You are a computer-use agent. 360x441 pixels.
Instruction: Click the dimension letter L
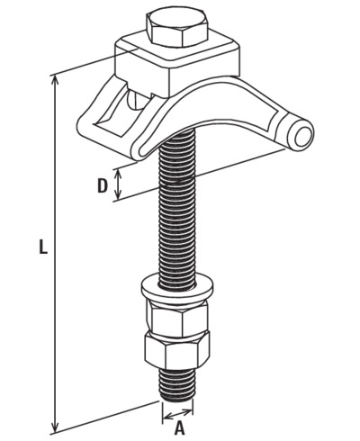click(43, 247)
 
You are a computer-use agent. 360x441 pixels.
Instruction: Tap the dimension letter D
click(103, 186)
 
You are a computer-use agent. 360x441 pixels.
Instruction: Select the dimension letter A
click(179, 427)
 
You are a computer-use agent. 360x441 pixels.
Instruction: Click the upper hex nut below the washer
click(177, 318)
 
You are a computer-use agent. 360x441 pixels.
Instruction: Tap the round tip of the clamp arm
click(301, 134)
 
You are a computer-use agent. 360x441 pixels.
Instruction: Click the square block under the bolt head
click(177, 65)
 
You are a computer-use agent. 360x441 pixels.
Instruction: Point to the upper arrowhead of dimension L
click(55, 80)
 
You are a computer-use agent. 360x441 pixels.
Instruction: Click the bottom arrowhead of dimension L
click(55, 426)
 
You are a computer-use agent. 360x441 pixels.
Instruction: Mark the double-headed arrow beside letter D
click(119, 184)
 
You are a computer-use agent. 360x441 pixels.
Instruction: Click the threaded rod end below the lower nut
click(177, 385)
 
